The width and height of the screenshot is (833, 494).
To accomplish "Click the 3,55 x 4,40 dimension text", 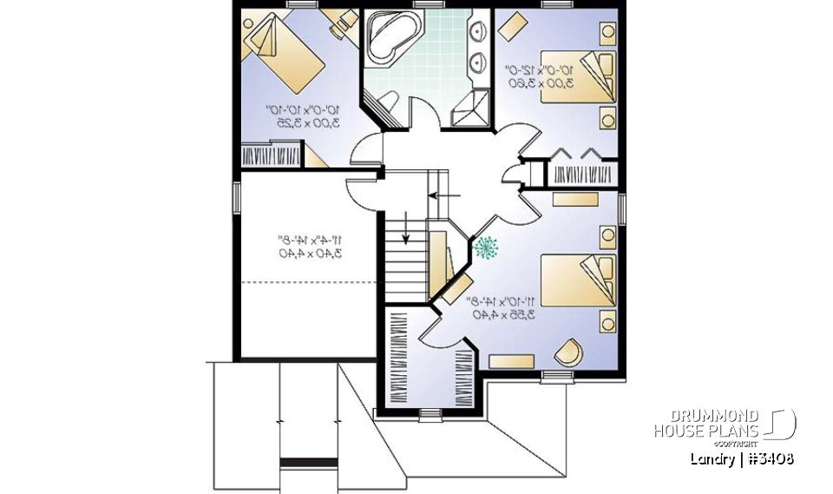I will coord(503,315).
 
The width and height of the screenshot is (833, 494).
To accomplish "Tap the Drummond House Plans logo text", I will coord(706,424).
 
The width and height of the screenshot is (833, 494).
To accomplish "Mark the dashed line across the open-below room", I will coord(308,283).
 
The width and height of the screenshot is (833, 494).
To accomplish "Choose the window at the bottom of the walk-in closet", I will coord(430,415).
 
